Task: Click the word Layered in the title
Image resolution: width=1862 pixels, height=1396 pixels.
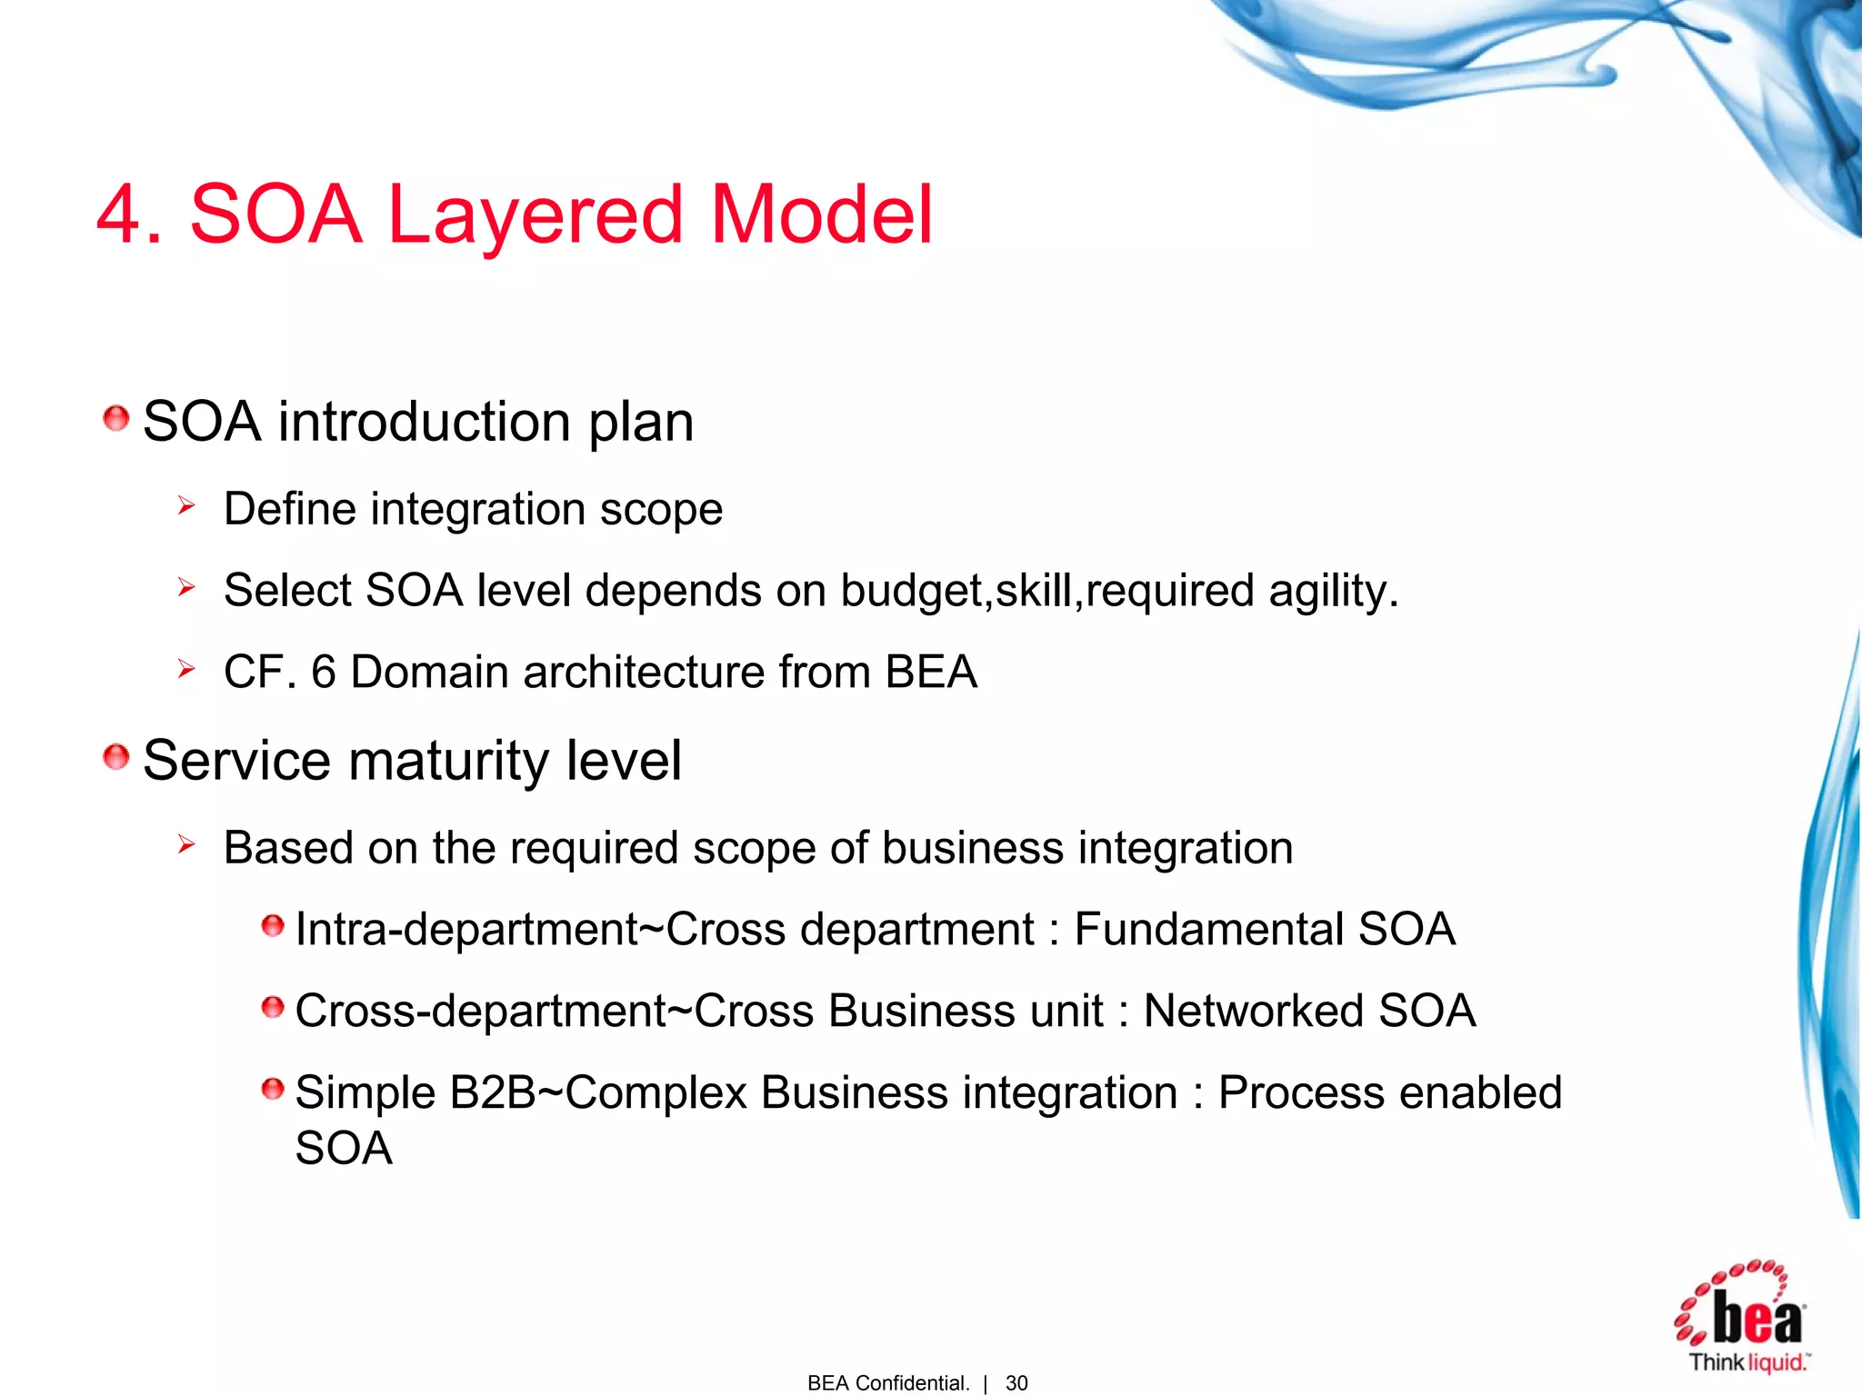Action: pos(535,216)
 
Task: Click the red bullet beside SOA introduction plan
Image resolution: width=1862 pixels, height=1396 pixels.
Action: pos(115,419)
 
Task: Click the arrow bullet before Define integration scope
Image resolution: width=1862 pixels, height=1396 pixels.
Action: pos(186,505)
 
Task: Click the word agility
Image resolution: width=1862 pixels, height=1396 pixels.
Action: pos(1333,591)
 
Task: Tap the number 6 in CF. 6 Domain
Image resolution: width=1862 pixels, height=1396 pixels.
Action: pos(324,673)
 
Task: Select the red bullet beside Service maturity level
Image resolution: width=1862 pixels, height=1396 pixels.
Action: pos(115,756)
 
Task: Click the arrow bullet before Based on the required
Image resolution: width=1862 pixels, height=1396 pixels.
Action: pos(186,844)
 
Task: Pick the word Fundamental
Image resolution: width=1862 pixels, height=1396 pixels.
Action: pos(1208,929)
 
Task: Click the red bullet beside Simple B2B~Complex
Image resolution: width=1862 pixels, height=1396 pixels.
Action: pos(272,1089)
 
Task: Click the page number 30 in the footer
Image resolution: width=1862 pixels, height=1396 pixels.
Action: pos(1016,1383)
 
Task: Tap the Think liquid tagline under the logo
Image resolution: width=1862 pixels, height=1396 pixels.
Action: pos(1747,1362)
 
